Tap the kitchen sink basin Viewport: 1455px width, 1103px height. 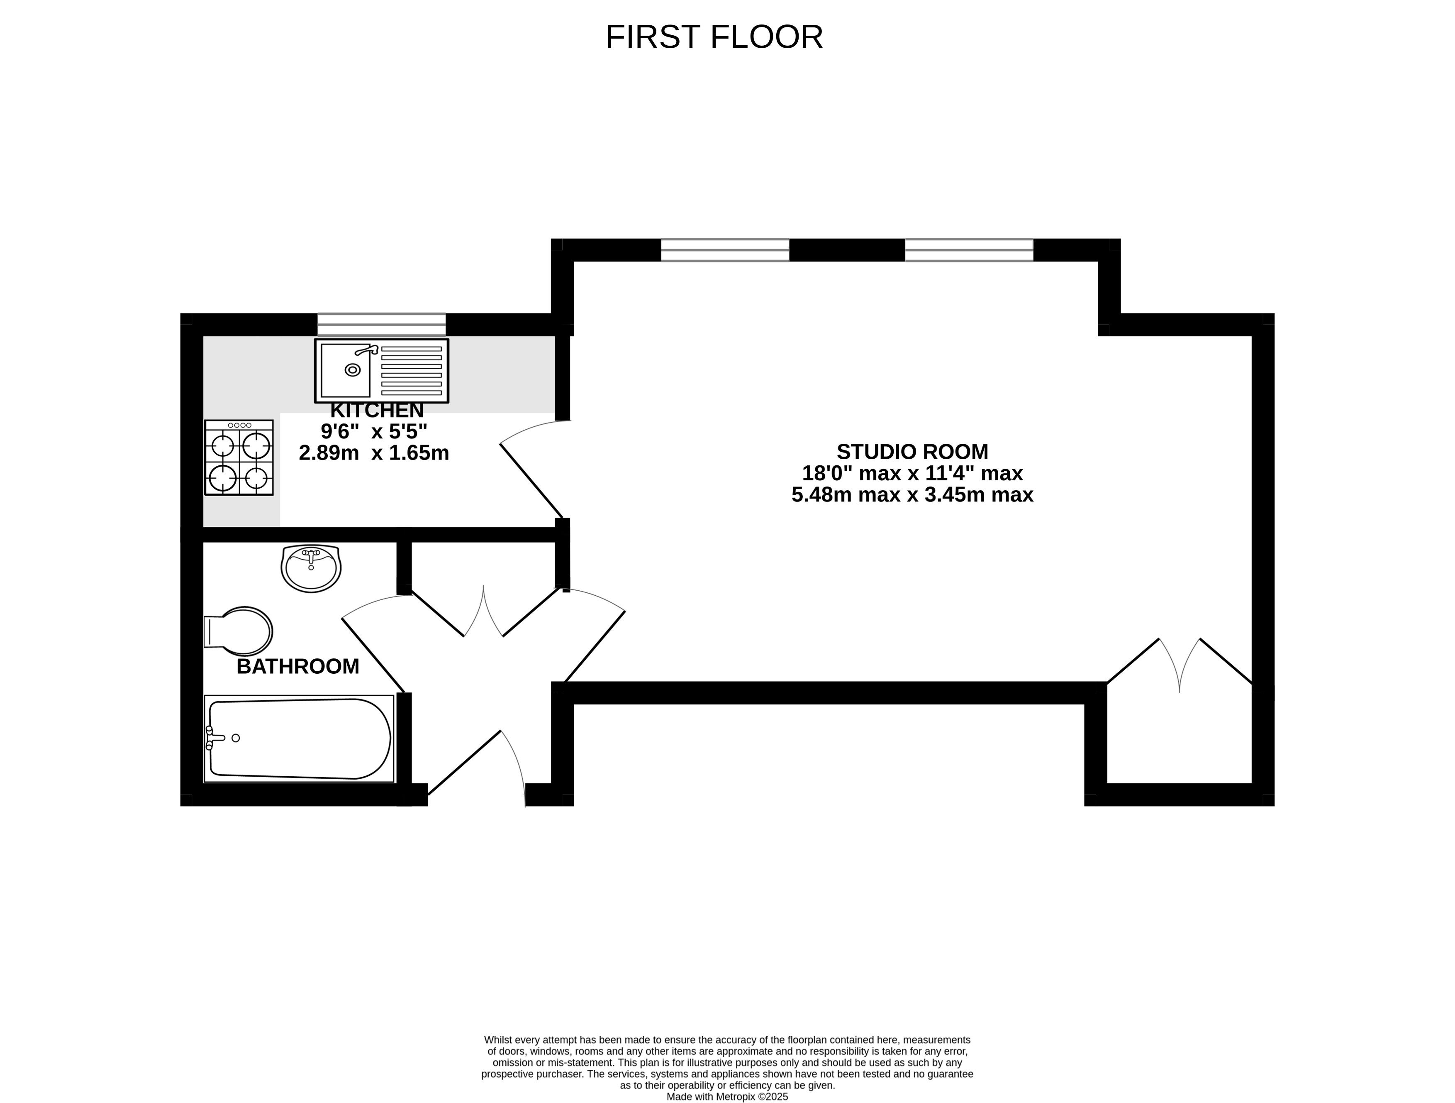click(x=345, y=371)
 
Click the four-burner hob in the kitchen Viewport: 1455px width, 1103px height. click(x=239, y=457)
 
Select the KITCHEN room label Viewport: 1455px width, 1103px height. click(x=377, y=410)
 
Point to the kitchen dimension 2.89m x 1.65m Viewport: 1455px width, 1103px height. click(x=374, y=453)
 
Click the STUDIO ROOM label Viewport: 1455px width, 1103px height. click(x=912, y=452)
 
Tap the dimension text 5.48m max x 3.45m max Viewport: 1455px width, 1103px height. click(x=912, y=494)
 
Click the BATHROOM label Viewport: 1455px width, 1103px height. click(x=298, y=667)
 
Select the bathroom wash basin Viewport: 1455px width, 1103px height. click(x=311, y=568)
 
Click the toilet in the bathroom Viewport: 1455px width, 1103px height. click(x=238, y=631)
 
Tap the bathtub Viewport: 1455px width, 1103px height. click(x=299, y=739)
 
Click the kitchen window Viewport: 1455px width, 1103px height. click(x=382, y=325)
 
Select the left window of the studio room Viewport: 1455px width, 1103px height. click(x=725, y=250)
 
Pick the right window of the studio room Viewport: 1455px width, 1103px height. click(x=969, y=250)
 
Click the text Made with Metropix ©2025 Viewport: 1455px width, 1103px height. click(x=727, y=1096)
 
